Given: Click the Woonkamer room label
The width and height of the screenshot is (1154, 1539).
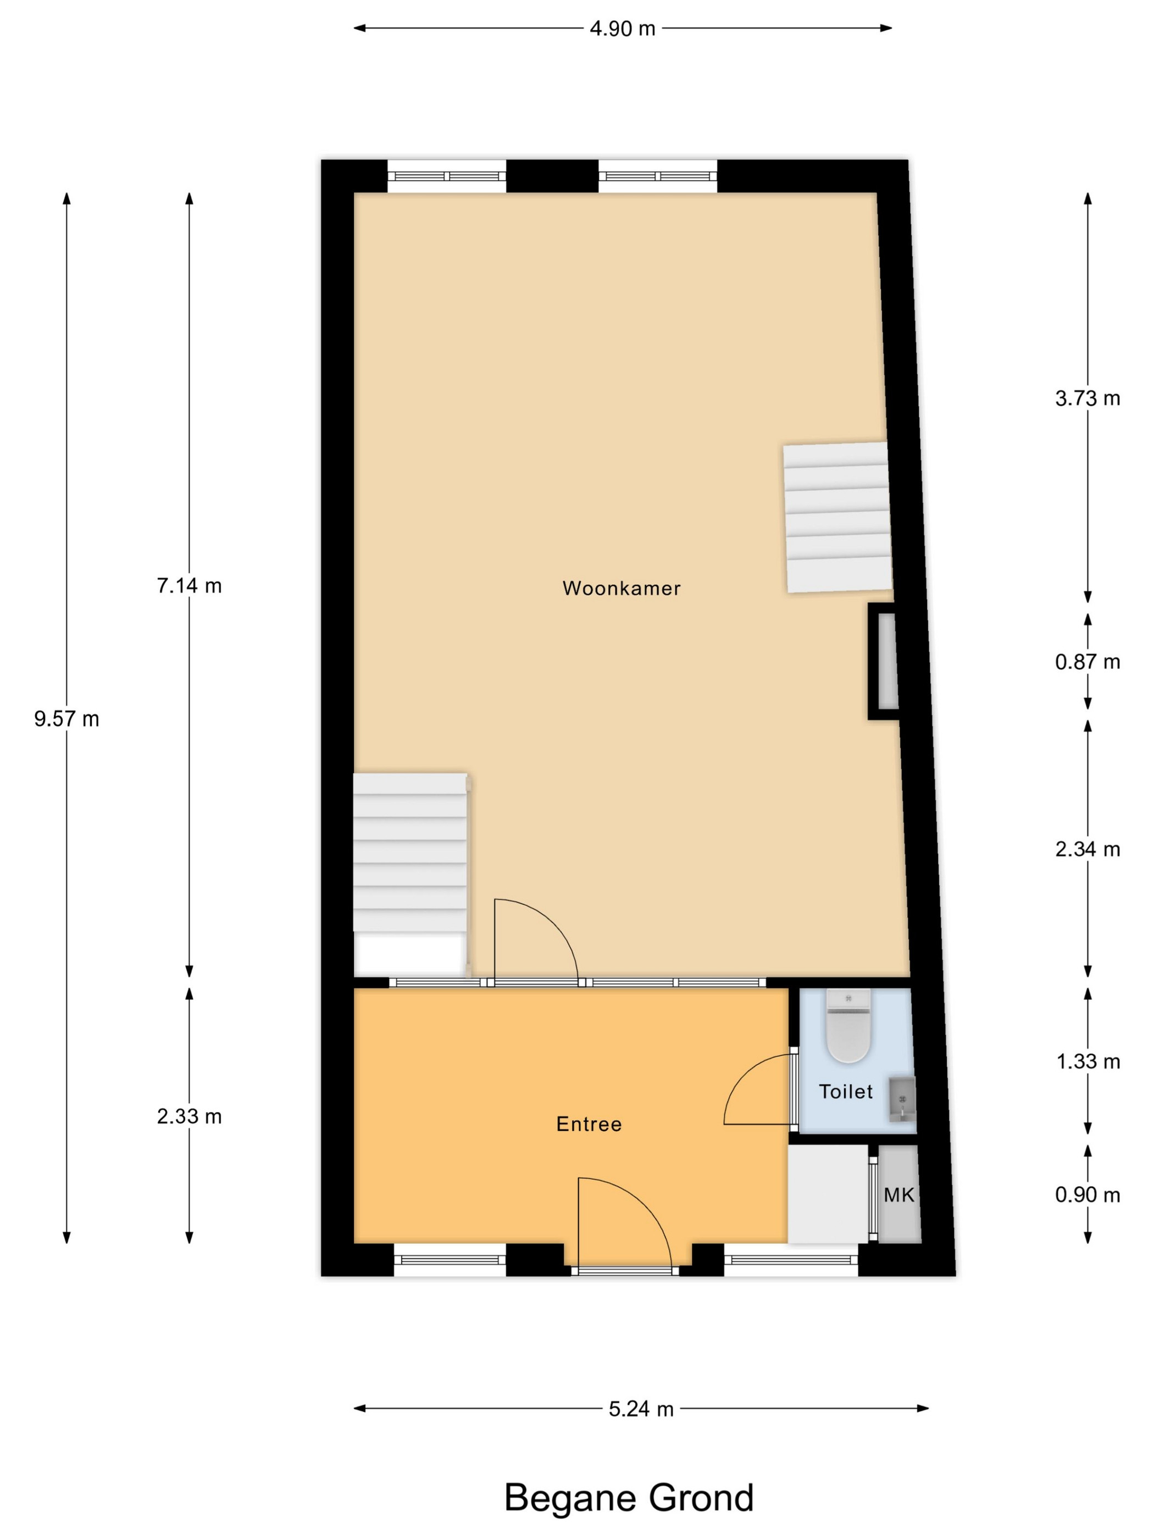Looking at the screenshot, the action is click(x=621, y=589).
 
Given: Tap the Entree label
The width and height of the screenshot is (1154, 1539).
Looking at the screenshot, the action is click(x=589, y=1125).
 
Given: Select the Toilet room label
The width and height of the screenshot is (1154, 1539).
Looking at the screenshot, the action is click(x=845, y=1092).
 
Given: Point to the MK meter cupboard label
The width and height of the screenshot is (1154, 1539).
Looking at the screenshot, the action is click(x=898, y=1195).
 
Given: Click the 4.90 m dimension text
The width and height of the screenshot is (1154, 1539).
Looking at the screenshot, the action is click(x=623, y=29).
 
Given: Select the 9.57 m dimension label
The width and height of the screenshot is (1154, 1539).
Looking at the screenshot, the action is click(x=67, y=719).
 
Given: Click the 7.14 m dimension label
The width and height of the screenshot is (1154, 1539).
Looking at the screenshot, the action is click(x=189, y=586).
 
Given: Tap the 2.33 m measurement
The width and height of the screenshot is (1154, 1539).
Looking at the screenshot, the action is click(x=189, y=1117).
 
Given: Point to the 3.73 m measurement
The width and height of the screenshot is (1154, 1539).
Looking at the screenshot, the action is click(x=1088, y=398).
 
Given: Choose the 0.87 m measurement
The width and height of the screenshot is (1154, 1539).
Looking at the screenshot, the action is click(x=1088, y=662).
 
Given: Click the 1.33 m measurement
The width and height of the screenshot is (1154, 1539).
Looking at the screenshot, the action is click(x=1088, y=1062).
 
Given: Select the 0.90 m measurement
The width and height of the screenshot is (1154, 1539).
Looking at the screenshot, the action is click(x=1088, y=1195).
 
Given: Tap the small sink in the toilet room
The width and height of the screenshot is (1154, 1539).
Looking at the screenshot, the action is click(x=902, y=1099).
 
